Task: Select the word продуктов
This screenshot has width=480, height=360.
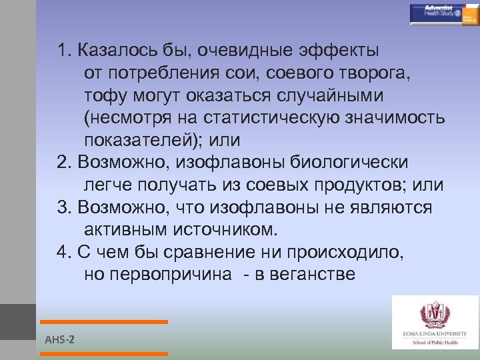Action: [357, 185]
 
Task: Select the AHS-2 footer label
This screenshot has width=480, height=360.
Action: [59, 340]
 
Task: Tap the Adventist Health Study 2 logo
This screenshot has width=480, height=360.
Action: [444, 13]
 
